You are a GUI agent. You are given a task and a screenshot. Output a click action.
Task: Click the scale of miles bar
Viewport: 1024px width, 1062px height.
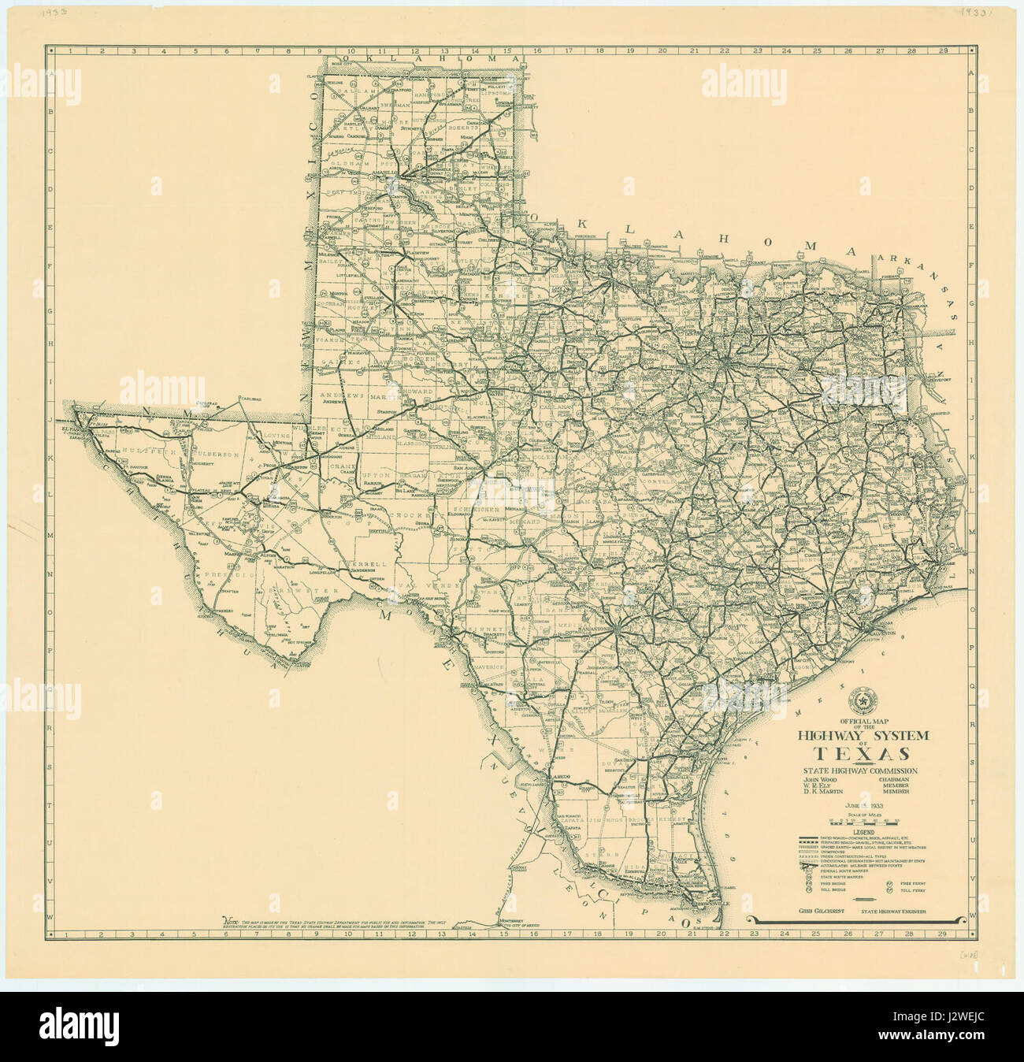point(863,821)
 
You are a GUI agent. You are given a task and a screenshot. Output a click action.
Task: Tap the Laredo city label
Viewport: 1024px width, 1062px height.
point(561,777)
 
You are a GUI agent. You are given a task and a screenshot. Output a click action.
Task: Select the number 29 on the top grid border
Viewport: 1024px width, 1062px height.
point(942,51)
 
